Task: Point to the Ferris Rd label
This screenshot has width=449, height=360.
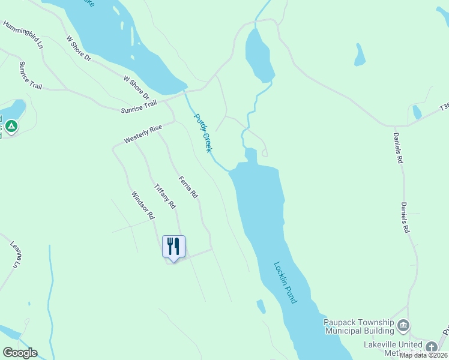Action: click(x=188, y=187)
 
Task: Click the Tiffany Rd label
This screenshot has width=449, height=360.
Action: click(x=164, y=196)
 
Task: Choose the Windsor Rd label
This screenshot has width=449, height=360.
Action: click(x=143, y=205)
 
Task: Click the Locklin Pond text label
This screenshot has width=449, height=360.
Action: click(x=285, y=282)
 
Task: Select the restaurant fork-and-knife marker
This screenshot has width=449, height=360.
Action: click(x=173, y=246)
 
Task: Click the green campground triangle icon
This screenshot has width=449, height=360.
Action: click(x=12, y=126)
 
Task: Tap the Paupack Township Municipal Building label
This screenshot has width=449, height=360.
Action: click(x=360, y=326)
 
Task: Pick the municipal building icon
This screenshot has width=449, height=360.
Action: click(x=403, y=326)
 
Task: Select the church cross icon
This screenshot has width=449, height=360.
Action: click(x=432, y=347)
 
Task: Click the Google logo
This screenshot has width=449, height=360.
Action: click(x=20, y=353)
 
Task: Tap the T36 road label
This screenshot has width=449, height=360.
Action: click(x=444, y=106)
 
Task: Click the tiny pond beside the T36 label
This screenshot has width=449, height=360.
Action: click(x=417, y=112)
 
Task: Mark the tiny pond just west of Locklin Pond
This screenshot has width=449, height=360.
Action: click(x=261, y=306)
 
